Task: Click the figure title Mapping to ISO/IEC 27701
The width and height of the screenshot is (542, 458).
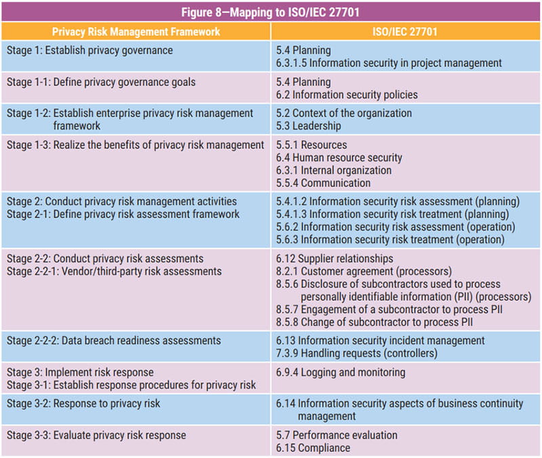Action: point(271,12)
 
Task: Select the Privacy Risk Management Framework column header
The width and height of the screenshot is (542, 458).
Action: point(135,31)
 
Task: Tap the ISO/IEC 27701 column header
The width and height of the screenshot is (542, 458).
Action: point(406,31)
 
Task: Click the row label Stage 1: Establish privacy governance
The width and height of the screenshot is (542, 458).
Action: point(89,50)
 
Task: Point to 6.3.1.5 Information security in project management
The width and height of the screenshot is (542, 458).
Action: point(389,63)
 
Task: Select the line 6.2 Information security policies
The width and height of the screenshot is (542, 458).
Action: point(347,95)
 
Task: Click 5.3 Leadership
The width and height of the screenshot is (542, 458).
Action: point(308,126)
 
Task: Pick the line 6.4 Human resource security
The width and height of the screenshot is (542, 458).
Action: point(339,157)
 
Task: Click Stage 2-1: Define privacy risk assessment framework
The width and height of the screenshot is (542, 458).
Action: point(123,214)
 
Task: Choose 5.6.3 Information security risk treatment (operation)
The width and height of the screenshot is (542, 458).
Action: point(390,239)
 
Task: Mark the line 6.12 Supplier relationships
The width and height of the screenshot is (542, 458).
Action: point(334,259)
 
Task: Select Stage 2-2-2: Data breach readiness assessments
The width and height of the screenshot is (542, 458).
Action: point(113,341)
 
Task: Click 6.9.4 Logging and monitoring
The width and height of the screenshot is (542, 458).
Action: point(340,372)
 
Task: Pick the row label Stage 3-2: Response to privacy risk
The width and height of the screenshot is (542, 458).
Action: point(83,403)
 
